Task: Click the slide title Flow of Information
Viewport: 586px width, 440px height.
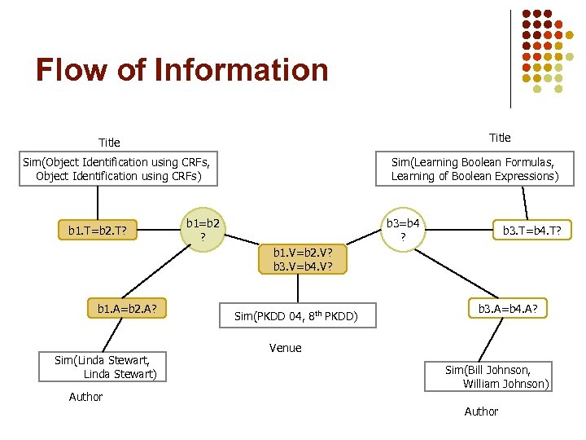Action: [x=181, y=70]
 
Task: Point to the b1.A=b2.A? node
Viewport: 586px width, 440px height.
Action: [x=127, y=309]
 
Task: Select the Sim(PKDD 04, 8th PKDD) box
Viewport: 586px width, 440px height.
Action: [x=296, y=315]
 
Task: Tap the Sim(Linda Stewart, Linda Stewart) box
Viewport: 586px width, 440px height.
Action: [x=97, y=367]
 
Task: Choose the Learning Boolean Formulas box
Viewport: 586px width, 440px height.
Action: [x=474, y=169]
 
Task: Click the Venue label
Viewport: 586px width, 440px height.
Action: [x=285, y=348]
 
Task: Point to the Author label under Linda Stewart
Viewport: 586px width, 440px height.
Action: [x=85, y=397]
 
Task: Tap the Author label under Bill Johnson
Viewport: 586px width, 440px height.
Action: [x=481, y=411]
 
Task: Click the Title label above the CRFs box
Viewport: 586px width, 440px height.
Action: [x=108, y=143]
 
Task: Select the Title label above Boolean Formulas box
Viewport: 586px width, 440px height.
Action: [x=500, y=137]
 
